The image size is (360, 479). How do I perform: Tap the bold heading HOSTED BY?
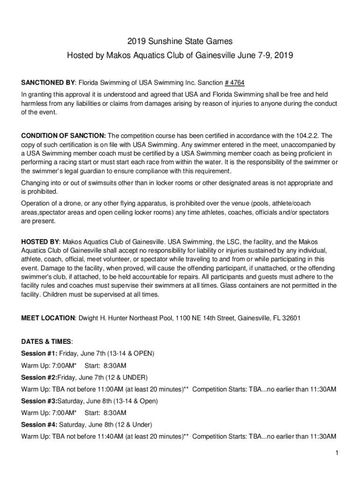point(40,242)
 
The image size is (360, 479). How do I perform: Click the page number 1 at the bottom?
point(336,453)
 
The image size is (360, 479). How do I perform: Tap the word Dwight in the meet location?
point(89,318)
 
